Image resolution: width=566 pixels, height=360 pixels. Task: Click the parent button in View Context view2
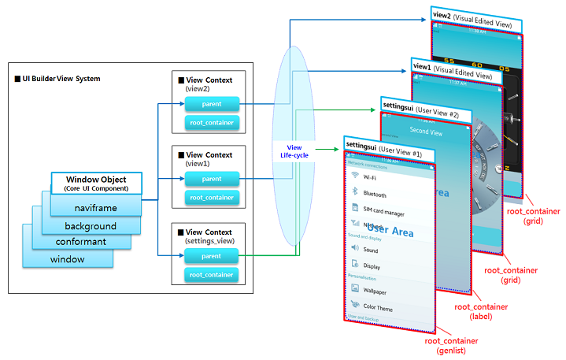coord(211,103)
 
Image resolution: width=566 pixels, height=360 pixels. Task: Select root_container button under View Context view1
coord(211,198)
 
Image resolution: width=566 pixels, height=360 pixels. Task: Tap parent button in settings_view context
coord(211,255)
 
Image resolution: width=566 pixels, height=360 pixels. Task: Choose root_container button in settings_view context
coord(211,274)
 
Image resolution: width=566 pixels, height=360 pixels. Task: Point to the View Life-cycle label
coord(296,150)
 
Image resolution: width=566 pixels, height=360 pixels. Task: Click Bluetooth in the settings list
coord(374,194)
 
